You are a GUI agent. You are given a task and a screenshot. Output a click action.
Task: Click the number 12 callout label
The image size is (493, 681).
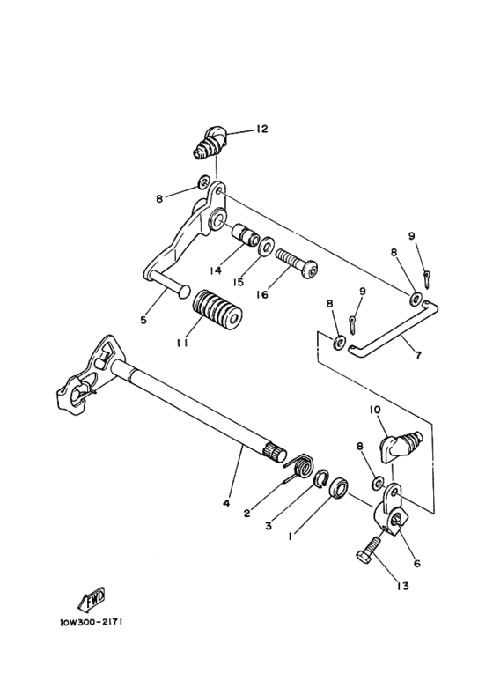point(261,130)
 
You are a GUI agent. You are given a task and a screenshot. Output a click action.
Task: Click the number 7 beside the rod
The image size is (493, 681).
point(417,356)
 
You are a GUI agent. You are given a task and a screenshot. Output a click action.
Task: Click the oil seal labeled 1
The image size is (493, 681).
point(342,490)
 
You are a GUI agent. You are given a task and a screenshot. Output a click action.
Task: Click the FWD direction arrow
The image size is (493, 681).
point(92,599)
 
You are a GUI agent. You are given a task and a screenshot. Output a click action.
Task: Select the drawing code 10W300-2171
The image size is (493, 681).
point(92,621)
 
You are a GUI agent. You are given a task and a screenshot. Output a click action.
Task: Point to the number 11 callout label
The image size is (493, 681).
point(180,344)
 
